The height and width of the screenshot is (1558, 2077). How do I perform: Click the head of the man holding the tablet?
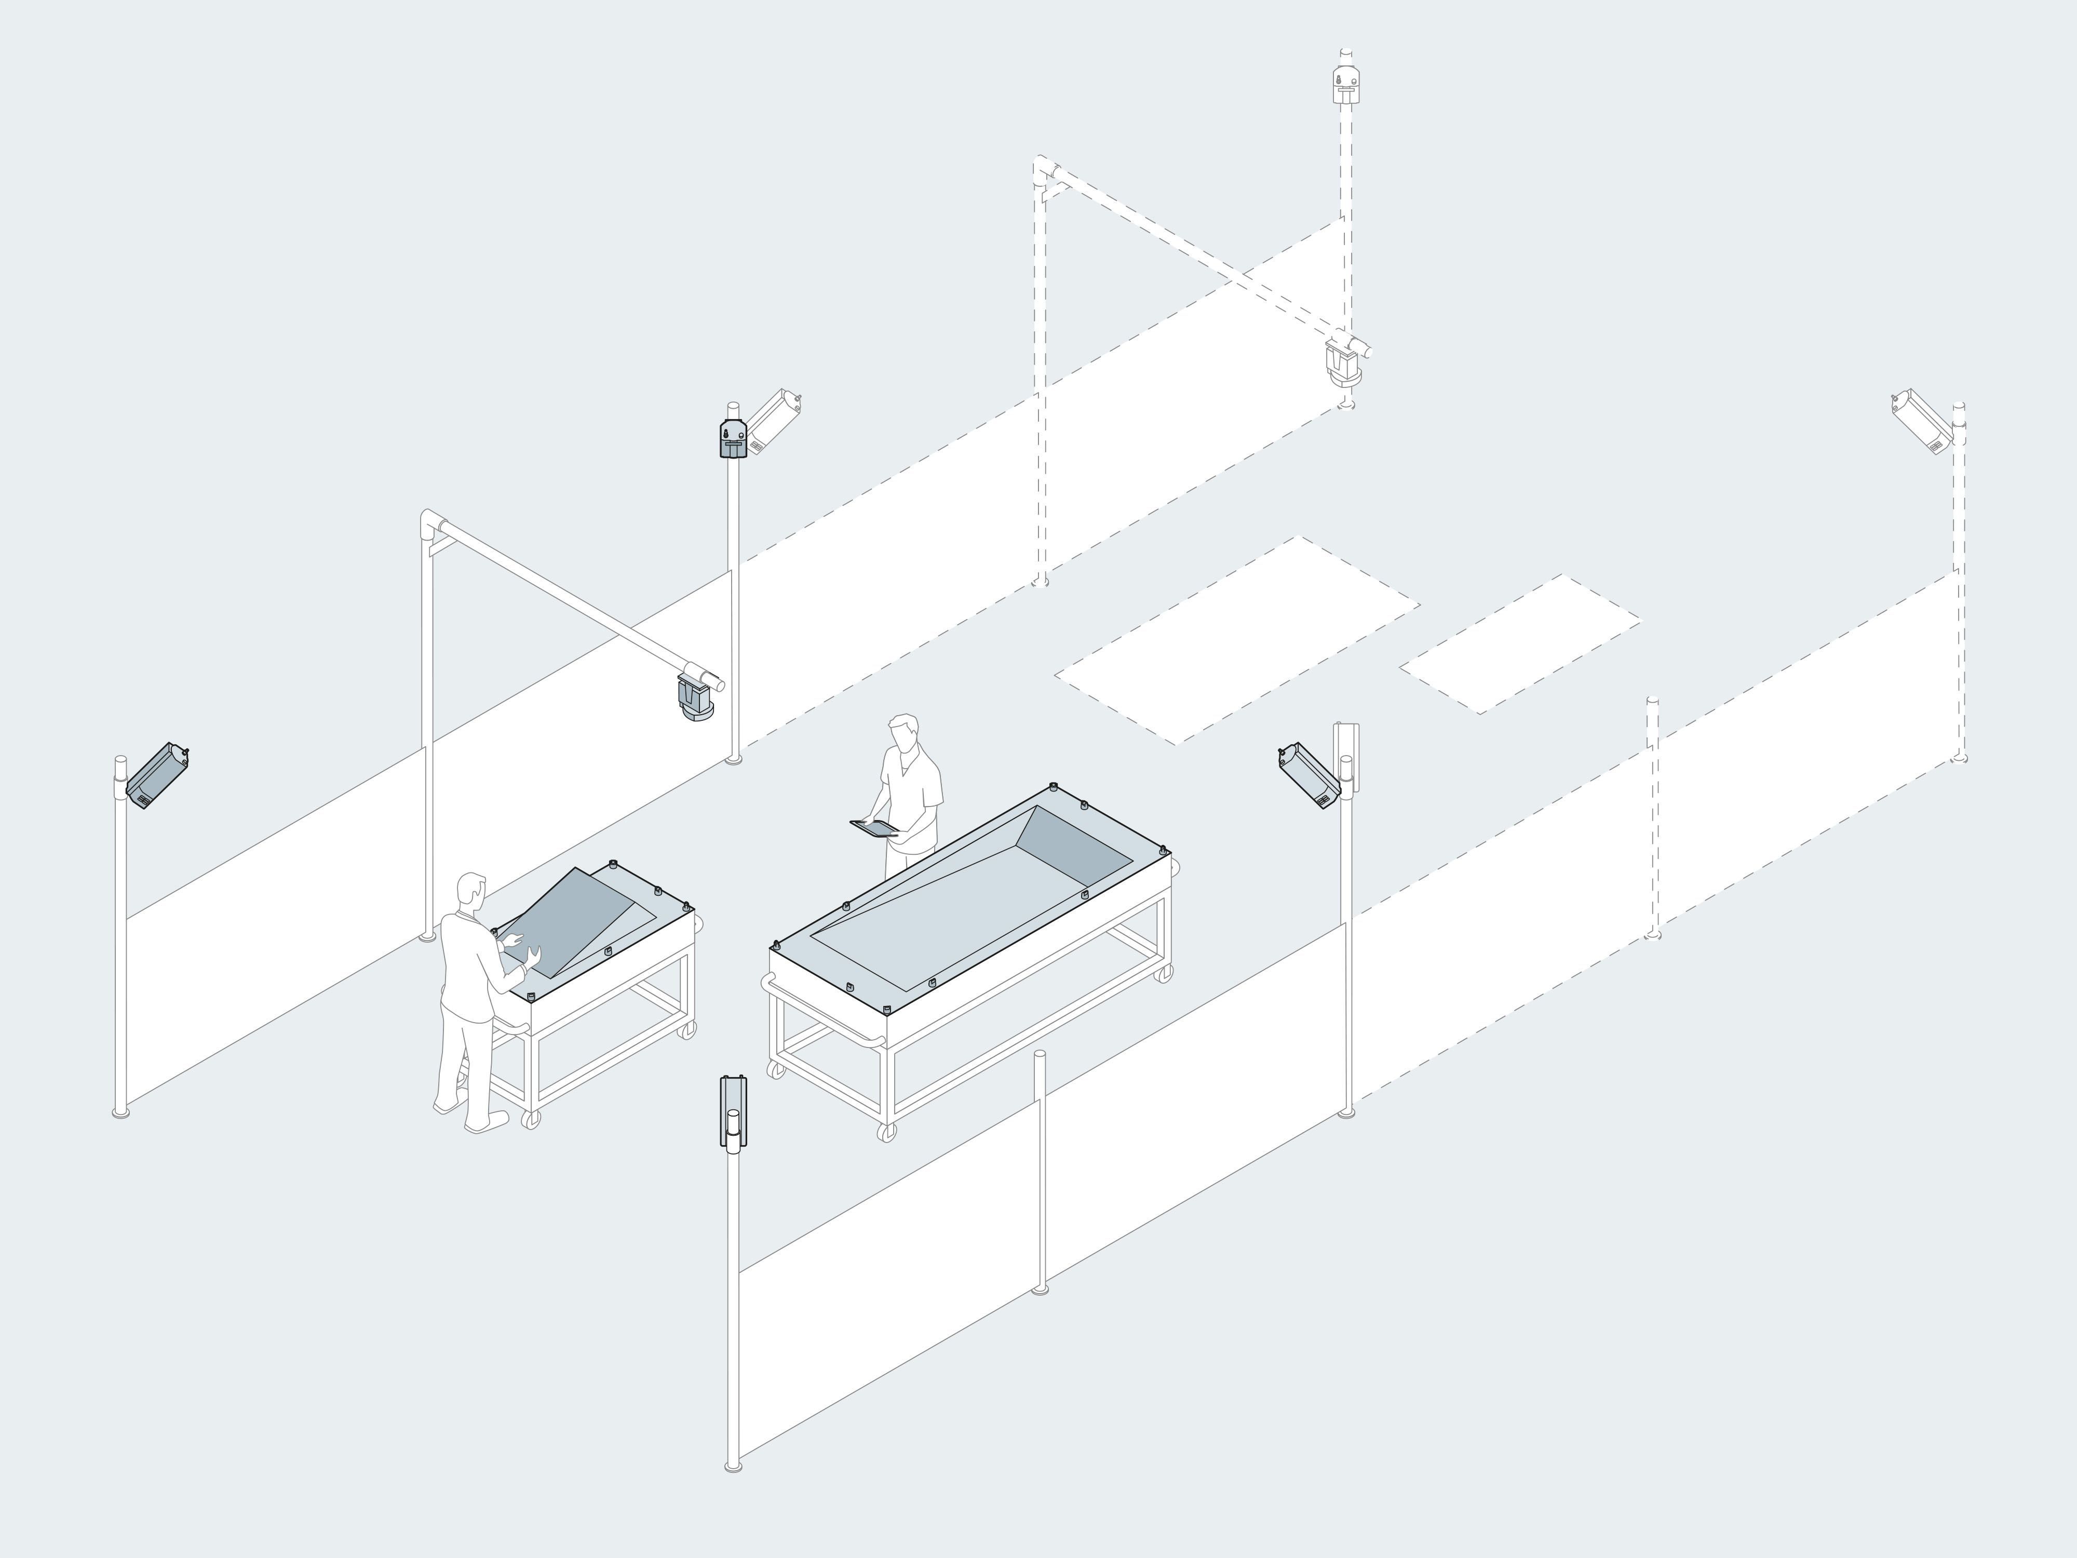(x=903, y=732)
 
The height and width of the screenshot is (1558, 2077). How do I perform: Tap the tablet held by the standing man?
(x=873, y=827)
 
